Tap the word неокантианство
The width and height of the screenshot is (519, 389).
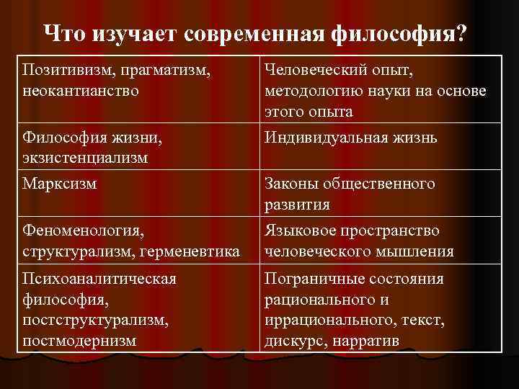pyautogui.click(x=81, y=91)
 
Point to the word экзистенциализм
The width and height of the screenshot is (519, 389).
pyautogui.click(x=85, y=158)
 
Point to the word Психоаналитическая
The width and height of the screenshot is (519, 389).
pyautogui.click(x=100, y=279)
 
